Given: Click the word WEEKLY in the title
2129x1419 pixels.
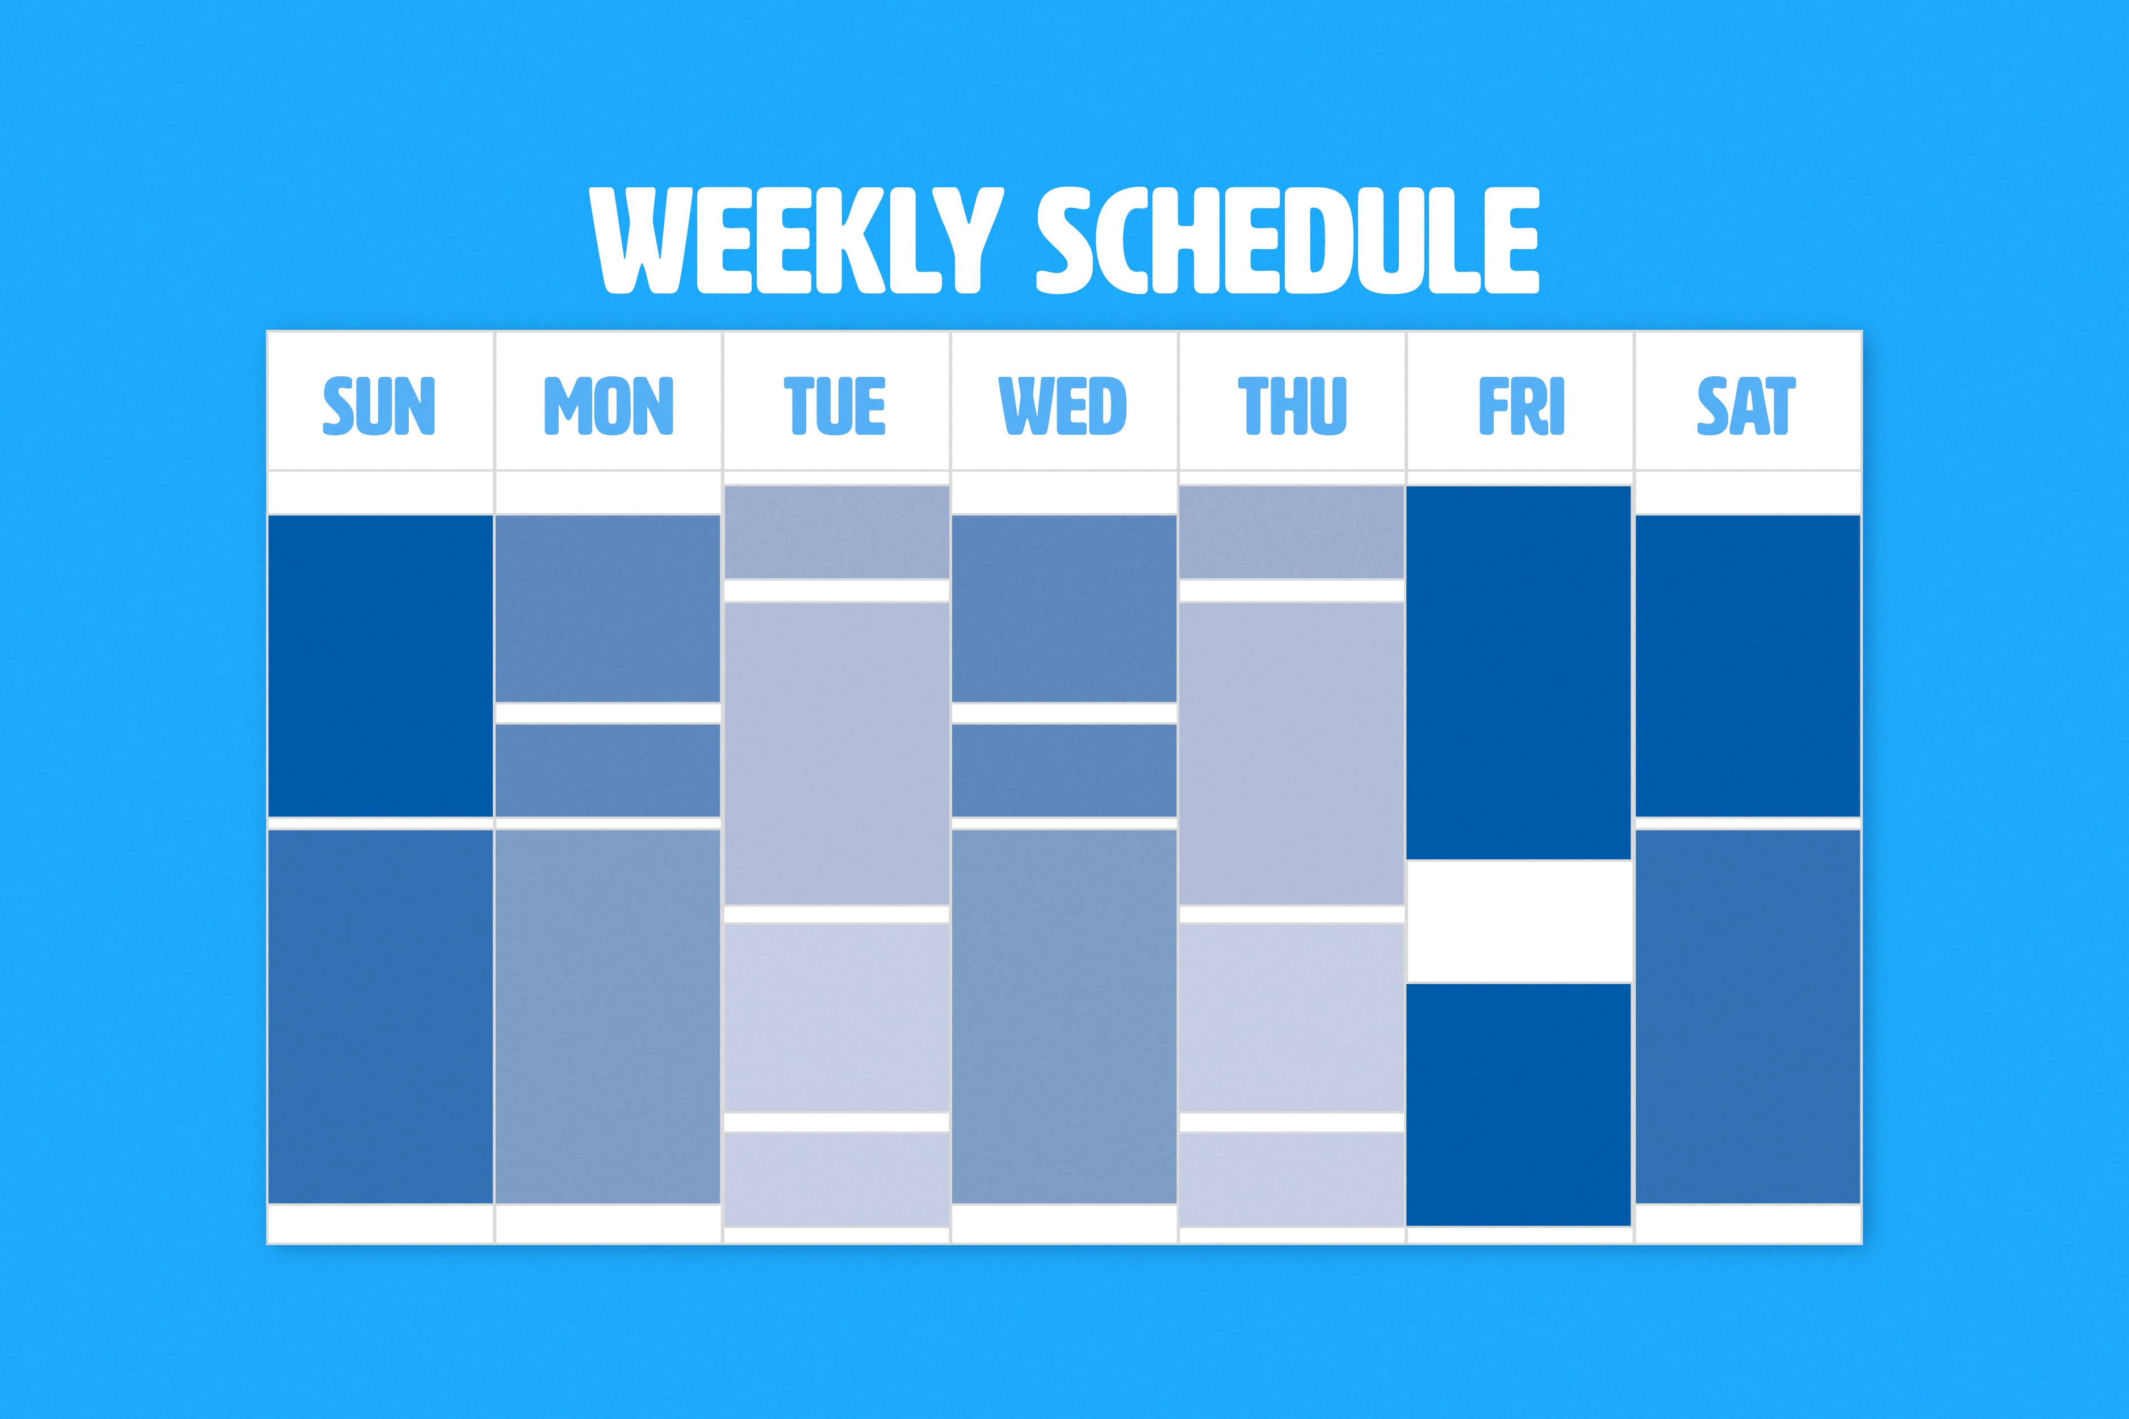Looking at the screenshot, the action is (797, 241).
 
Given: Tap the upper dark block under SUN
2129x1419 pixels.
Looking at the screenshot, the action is (380, 666).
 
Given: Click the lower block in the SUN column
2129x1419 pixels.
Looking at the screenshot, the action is (380, 1016).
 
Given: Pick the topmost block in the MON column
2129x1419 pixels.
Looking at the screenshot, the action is (607, 608).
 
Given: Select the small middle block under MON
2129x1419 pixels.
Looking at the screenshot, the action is (607, 770).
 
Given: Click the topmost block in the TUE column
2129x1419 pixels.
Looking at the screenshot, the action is (836, 532).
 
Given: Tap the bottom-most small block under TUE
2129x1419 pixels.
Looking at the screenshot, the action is (836, 1179).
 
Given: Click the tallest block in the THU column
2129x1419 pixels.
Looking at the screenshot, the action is (1292, 753).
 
